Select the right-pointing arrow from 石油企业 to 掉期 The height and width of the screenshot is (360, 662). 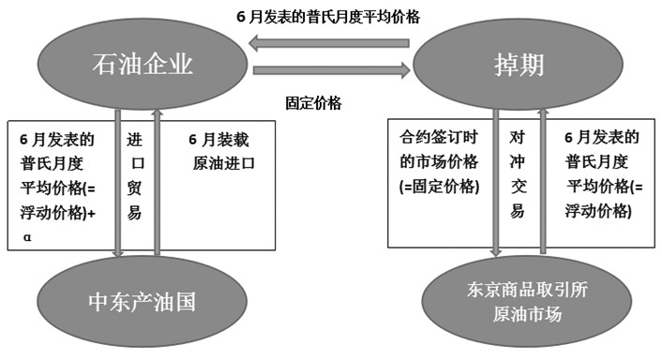click(332, 69)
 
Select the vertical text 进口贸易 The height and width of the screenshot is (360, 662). click(135, 176)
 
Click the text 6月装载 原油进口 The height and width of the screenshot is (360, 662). click(222, 151)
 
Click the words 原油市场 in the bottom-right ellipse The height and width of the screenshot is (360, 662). click(526, 315)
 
